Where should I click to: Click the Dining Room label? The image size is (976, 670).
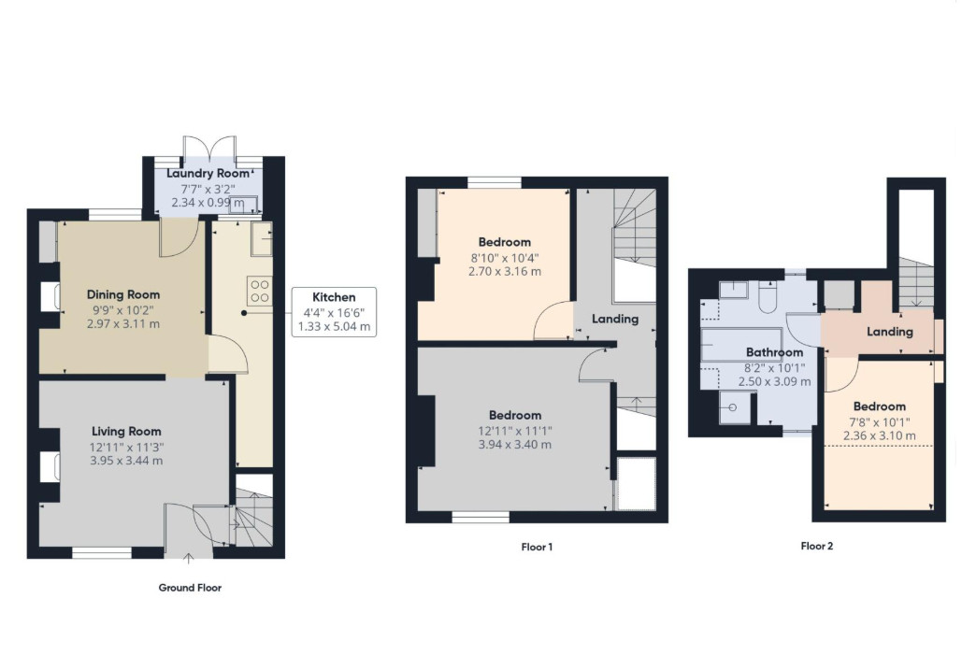123,295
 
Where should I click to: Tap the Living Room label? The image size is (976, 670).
126,431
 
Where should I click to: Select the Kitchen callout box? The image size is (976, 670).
335,312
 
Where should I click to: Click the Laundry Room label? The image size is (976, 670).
208,173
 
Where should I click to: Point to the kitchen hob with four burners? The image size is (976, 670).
260,292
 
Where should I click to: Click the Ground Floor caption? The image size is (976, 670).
190,588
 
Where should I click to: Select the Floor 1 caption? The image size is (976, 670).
537,547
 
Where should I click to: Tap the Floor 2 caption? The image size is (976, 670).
817,546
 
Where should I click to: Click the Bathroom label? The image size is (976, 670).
774,352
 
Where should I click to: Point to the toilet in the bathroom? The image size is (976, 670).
767,297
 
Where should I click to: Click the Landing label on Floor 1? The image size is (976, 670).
615,320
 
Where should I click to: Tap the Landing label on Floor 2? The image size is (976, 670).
889,333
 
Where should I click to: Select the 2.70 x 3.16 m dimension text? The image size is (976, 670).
505,271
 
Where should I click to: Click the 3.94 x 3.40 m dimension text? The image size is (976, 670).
515,444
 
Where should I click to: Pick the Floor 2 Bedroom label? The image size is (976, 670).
880,406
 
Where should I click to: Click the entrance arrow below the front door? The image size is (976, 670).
189,558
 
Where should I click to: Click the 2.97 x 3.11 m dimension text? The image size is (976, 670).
123,323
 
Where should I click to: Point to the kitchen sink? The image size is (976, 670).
262,238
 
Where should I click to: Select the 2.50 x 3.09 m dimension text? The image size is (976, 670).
774,381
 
